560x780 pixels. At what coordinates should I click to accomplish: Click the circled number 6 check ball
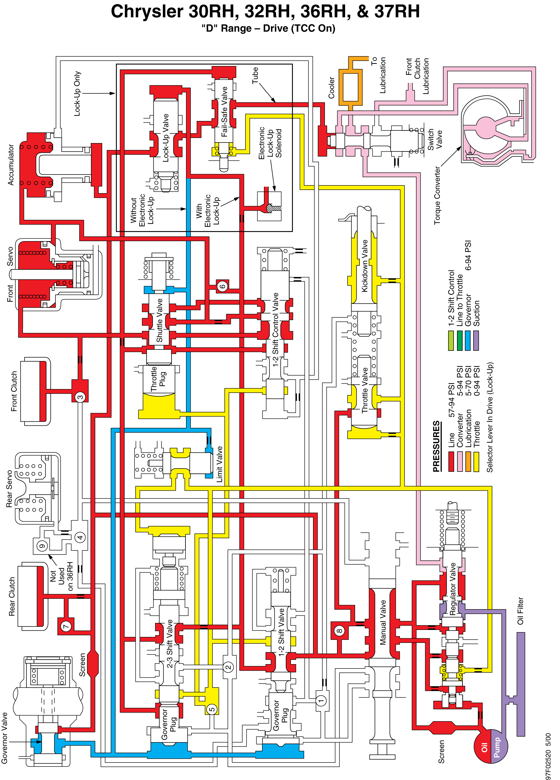tap(222, 286)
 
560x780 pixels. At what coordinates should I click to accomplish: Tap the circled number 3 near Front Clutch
tap(80, 397)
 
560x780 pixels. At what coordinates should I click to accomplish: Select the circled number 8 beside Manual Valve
tap(339, 631)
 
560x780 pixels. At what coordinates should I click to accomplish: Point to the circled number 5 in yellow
tap(212, 709)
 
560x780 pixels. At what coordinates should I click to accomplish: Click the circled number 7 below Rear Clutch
tap(66, 626)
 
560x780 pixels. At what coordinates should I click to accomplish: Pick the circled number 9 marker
tap(42, 546)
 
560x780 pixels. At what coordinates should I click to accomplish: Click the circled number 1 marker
tap(321, 701)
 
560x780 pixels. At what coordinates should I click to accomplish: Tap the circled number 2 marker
tap(228, 667)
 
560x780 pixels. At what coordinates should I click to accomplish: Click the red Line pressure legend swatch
tap(451, 462)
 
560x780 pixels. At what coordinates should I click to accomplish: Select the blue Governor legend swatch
tap(468, 341)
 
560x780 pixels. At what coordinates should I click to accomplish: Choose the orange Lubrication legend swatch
tap(468, 462)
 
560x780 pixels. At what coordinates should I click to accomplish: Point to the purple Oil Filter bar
tap(521, 684)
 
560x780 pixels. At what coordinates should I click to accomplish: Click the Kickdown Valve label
tap(364, 266)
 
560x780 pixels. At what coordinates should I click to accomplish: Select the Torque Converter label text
tap(437, 195)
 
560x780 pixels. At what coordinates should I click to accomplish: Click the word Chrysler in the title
tap(147, 11)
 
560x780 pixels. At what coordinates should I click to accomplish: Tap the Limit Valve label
tap(219, 464)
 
